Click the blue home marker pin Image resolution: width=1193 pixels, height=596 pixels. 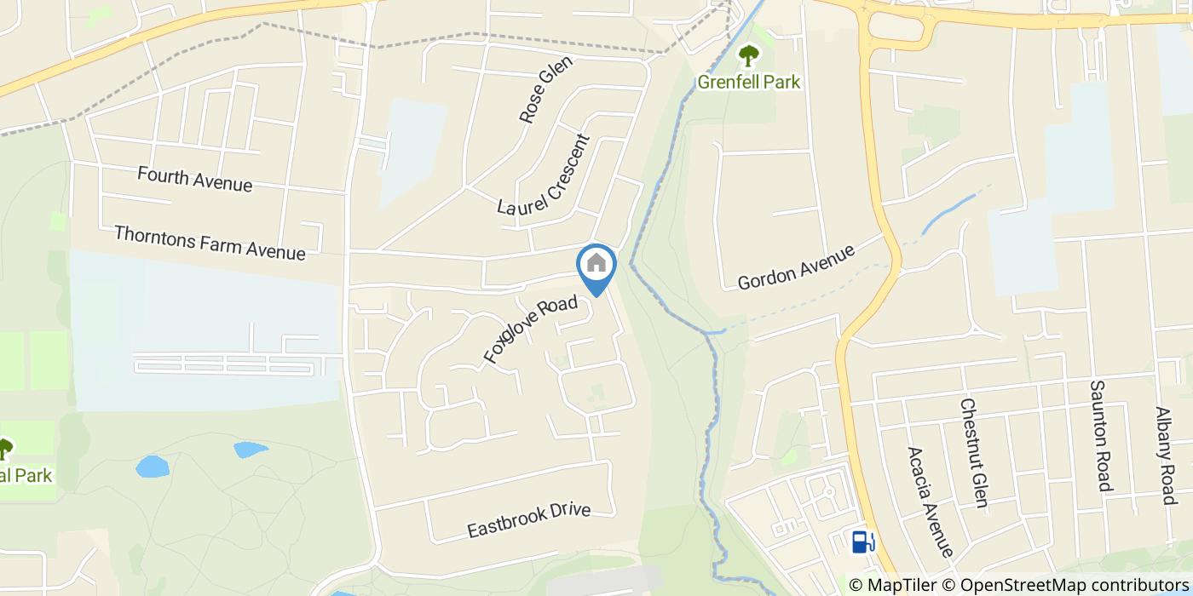[596, 266]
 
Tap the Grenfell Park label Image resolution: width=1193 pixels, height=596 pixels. [749, 82]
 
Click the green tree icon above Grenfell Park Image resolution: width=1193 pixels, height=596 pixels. [749, 56]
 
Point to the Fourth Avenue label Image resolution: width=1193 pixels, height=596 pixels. [194, 180]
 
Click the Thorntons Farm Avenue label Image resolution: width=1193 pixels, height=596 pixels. [209, 242]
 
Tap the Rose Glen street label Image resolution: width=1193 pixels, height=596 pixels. [539, 90]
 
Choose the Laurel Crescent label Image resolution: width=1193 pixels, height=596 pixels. [543, 175]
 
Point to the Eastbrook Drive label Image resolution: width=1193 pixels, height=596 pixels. [528, 519]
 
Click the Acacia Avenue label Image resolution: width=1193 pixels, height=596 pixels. [929, 502]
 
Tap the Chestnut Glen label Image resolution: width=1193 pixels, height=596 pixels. [973, 453]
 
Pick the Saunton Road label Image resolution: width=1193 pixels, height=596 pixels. [1101, 436]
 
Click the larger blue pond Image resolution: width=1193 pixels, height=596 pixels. [153, 467]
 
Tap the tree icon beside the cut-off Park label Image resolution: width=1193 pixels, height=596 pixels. [5, 448]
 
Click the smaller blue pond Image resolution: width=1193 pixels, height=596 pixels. [250, 449]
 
